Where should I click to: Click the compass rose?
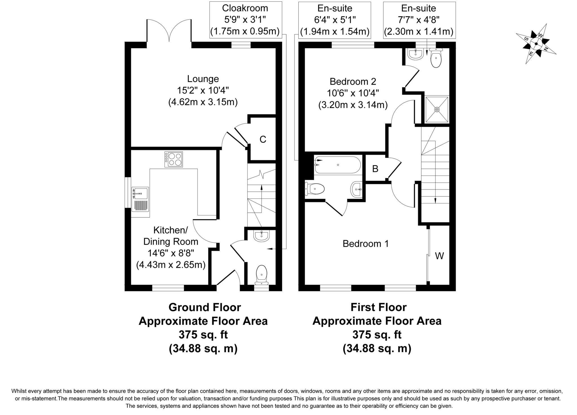point(536,44)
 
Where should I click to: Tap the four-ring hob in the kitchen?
point(174,159)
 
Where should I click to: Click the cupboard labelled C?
point(263,139)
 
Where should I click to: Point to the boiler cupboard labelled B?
point(375,169)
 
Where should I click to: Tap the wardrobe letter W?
point(439,256)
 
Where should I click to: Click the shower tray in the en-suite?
point(437,109)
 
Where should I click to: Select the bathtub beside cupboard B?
point(338,165)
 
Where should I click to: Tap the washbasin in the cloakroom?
point(261,236)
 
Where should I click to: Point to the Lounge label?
point(203,79)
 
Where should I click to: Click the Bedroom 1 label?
point(365,244)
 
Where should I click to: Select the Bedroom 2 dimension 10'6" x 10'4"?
point(353,93)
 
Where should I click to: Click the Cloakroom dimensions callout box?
point(245,20)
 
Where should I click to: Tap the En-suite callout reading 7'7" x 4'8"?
point(419,20)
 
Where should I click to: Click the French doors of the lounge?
point(169,31)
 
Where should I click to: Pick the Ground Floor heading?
point(205,307)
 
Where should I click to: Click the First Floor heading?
point(378,307)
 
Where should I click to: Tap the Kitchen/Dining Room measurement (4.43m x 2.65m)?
point(171,265)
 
